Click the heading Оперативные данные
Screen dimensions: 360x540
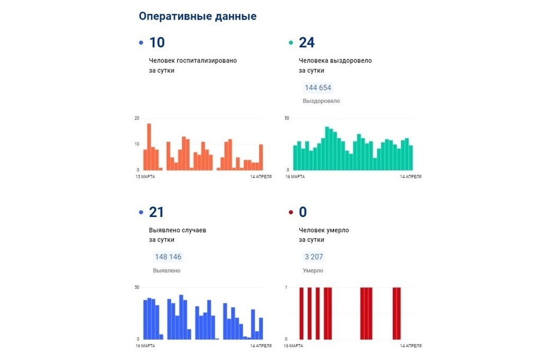click(197, 16)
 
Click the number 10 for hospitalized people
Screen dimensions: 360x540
click(157, 43)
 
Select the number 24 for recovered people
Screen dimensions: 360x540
click(307, 43)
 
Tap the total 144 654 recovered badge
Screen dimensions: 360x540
click(318, 88)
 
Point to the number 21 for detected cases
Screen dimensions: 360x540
click(157, 212)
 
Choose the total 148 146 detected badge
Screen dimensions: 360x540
click(168, 257)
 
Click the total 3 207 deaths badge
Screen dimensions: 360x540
click(313, 257)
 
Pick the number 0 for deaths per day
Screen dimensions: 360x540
click(303, 212)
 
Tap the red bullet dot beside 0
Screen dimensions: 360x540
click(290, 213)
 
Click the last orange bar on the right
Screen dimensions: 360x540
click(260, 157)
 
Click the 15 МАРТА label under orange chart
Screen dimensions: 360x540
click(146, 177)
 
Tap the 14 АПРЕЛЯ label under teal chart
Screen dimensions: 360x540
click(411, 177)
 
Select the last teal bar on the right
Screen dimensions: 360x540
click(410, 158)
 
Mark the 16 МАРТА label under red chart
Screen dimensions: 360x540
click(294, 346)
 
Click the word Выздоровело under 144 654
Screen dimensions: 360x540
click(321, 101)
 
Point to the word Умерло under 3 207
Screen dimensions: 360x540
click(313, 271)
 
